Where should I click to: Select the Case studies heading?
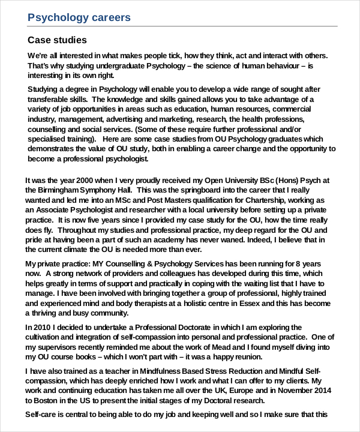[x=58, y=40]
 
